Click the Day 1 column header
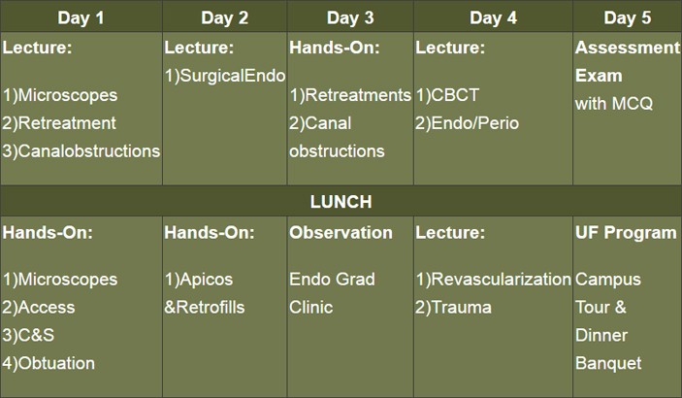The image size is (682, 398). point(81,17)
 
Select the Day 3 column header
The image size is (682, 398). point(350,17)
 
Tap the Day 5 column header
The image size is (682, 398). point(628,17)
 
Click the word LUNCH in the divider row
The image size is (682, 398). point(341,202)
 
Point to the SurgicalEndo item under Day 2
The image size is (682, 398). point(225,76)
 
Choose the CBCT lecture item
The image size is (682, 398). point(447,95)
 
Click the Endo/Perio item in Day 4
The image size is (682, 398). point(468,123)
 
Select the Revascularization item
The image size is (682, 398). point(493,280)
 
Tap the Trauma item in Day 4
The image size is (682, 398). point(453,308)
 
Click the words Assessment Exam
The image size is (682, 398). point(628,61)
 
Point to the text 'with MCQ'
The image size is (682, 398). point(614,104)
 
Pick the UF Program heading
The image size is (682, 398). point(626,233)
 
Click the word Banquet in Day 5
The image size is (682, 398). point(608,363)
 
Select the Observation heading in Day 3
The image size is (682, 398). point(341,233)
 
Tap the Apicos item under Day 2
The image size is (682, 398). point(198,280)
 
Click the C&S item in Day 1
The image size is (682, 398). point(28,335)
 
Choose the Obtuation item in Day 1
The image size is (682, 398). point(49,363)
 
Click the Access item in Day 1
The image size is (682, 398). point(38,308)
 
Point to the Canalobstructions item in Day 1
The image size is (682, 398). point(81,151)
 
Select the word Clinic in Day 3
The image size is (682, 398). point(311,308)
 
